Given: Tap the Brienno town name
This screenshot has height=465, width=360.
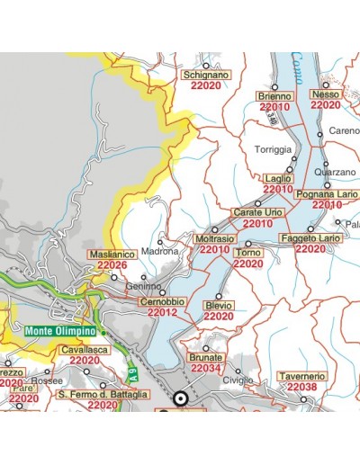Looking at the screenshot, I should point(274,96).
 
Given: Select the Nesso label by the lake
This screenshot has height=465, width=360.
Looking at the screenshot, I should point(324,94).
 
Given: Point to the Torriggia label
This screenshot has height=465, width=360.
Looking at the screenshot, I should point(274,148).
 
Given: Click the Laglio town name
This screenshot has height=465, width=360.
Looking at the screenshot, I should point(278,178).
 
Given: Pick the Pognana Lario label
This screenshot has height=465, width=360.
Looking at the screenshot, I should point(327,194).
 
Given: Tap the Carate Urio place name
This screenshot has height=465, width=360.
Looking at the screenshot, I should point(258,212).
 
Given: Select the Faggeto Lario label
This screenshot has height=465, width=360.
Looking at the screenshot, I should point(310,237).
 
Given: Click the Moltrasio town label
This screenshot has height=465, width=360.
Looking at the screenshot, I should point(214,238).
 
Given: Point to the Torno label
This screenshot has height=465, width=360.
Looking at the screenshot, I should point(247,254).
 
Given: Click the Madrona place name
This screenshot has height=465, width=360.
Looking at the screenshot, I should point(160,252).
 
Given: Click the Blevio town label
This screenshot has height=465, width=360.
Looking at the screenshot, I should point(219,306).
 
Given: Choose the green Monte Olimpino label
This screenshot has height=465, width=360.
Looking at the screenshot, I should point(60,331).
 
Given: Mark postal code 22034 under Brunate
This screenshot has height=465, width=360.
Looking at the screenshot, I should point(206,369).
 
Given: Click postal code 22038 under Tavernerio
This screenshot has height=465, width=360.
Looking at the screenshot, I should point(301,387).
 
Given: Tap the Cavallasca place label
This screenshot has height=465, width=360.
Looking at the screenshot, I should point(85,350).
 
